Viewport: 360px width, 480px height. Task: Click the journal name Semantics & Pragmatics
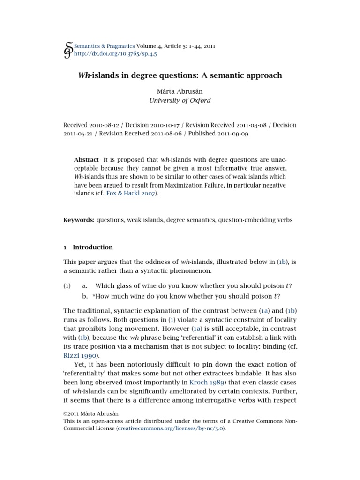tap(105, 46)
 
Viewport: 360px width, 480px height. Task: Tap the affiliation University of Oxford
tap(180, 100)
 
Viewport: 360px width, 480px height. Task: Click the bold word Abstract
tap(87, 159)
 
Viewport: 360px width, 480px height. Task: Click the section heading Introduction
tap(93, 247)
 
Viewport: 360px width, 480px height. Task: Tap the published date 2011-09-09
tap(233, 134)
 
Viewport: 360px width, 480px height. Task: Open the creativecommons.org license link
tap(171, 428)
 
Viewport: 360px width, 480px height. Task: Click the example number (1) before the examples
tap(67, 286)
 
